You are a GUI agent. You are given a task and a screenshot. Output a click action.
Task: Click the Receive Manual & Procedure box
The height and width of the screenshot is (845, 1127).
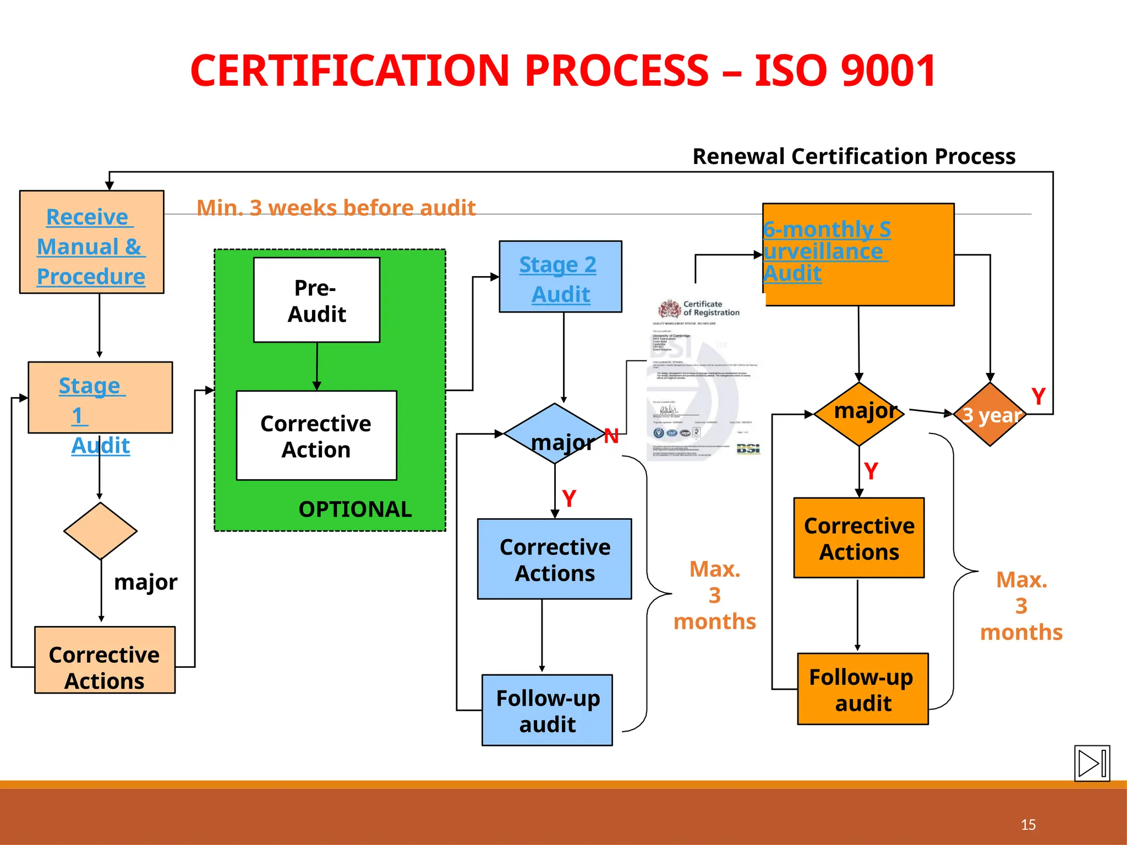[x=91, y=242]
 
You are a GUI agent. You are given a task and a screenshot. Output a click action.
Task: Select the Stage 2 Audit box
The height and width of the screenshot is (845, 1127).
[x=560, y=277]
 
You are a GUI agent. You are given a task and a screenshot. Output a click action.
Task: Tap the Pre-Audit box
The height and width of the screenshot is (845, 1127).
[x=316, y=300]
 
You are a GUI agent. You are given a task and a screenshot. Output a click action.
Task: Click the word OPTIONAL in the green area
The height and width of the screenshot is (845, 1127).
[x=355, y=509]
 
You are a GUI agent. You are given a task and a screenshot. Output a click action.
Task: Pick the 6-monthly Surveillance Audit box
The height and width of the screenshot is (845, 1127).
[x=858, y=254]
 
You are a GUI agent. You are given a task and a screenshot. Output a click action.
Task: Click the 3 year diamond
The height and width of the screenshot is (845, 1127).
[x=990, y=414]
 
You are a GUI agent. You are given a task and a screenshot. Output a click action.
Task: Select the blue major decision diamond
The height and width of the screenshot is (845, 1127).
[x=555, y=434]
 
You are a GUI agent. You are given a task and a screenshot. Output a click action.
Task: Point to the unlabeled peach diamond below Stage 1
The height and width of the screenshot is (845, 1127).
[x=100, y=531]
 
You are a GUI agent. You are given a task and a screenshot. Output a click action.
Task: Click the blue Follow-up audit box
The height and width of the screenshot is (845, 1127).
[x=547, y=710]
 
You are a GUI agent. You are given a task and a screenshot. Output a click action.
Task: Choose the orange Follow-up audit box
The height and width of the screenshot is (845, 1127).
[x=862, y=689]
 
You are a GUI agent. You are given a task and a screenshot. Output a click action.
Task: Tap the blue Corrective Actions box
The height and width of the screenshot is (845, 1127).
[x=555, y=559]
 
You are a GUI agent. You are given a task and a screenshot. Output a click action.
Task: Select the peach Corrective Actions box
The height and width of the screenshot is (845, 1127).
[x=105, y=660]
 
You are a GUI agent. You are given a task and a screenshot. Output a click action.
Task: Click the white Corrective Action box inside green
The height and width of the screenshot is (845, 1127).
[x=316, y=436]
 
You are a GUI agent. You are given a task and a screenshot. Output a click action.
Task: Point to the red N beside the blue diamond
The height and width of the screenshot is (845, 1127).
[x=611, y=436]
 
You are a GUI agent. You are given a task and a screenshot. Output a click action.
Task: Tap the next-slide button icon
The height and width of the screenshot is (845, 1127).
[x=1092, y=763]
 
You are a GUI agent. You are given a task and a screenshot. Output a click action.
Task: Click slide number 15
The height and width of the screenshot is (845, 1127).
[x=1028, y=825]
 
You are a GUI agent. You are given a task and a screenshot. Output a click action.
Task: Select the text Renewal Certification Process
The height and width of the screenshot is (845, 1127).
[x=854, y=156]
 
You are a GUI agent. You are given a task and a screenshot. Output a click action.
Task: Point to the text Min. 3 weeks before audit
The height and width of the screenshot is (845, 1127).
[x=336, y=208]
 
